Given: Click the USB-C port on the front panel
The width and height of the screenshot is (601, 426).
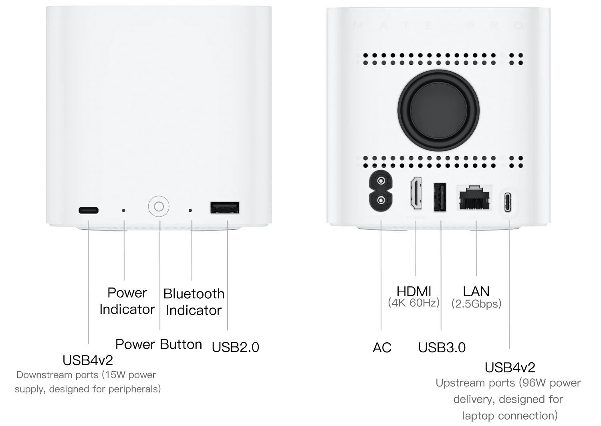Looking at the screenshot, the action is click(x=89, y=210).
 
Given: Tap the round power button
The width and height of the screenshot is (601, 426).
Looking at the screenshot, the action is click(x=159, y=207).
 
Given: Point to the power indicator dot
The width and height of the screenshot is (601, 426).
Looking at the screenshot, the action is click(x=123, y=211).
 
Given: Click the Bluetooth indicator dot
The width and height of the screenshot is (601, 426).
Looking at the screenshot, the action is click(x=190, y=211).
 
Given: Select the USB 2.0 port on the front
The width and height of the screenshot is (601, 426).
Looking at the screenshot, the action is click(x=225, y=207).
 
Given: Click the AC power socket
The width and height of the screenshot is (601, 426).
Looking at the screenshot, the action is click(x=381, y=191).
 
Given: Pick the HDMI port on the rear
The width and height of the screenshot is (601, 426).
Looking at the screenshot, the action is click(x=415, y=193).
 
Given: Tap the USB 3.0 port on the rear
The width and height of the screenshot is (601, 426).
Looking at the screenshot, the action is click(x=440, y=197).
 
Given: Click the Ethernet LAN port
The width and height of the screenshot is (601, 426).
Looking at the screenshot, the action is click(x=474, y=197).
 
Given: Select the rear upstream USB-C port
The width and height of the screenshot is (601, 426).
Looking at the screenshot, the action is click(x=508, y=202).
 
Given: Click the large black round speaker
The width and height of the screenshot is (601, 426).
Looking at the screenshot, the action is click(x=438, y=111).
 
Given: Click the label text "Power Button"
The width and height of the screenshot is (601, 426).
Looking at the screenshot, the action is click(x=159, y=345).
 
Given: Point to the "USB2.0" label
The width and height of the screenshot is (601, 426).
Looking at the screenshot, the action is click(x=235, y=347).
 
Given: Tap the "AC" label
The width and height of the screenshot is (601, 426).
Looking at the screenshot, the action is click(x=382, y=348).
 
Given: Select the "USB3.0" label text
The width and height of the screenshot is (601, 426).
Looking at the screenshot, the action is click(x=442, y=348).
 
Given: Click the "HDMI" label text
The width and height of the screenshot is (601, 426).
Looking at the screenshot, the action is click(x=414, y=291).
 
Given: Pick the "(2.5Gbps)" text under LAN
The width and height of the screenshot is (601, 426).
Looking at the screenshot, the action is click(x=476, y=304).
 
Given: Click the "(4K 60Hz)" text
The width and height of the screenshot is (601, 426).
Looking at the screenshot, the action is click(x=414, y=303).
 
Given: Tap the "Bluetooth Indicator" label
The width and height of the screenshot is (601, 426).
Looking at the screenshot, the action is click(x=194, y=302).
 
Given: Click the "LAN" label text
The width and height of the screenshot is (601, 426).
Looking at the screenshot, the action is click(x=476, y=291).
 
